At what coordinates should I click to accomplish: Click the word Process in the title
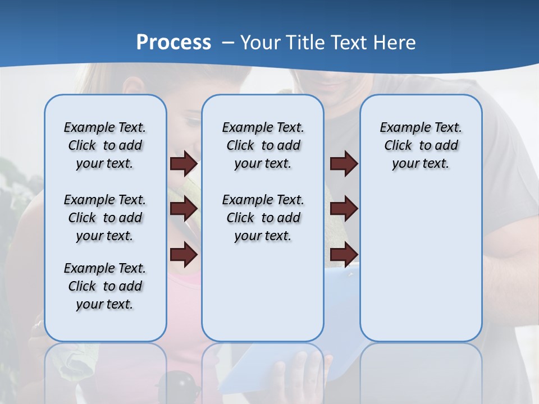pos(173,43)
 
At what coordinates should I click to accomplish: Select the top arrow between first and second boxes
pos(184,164)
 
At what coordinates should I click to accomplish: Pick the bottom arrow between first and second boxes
pos(184,255)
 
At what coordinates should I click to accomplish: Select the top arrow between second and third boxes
pos(344,164)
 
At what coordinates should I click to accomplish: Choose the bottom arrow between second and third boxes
pos(344,255)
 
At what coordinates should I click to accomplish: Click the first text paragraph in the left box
pos(105,145)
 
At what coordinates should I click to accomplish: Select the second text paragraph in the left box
pos(105,218)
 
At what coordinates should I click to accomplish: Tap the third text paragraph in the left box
pos(105,286)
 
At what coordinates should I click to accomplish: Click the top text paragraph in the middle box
pos(263,145)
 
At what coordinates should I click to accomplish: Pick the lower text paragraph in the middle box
pos(263,218)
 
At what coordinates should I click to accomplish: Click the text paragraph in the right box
pos(421,145)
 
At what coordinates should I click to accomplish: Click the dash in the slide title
pos(228,43)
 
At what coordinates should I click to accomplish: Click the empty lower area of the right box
pos(421,269)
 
